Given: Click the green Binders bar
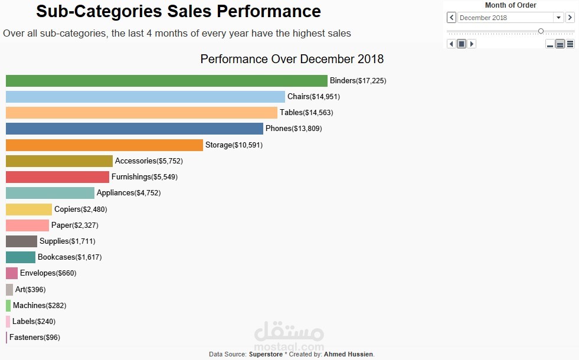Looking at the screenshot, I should pyautogui.click(x=166, y=81).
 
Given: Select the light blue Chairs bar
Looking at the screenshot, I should pyautogui.click(x=145, y=97).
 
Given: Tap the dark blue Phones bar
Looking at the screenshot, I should pyautogui.click(x=135, y=129).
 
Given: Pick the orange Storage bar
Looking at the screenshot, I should pyautogui.click(x=104, y=145).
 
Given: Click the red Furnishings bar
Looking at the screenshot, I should pyautogui.click(x=57, y=177).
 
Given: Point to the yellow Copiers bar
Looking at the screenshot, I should pyautogui.click(x=29, y=210).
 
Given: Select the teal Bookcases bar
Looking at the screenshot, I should pyautogui.click(x=21, y=257).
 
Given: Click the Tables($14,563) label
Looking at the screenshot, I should pyautogui.click(x=310, y=113).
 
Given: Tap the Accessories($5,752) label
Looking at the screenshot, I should pyautogui.click(x=146, y=161).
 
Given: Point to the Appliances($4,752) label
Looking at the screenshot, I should pyautogui.click(x=129, y=193).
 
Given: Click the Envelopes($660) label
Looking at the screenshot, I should pyautogui.click(x=48, y=273).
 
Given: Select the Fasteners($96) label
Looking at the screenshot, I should pyautogui.click(x=35, y=338).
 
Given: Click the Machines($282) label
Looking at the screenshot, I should pyautogui.click(x=40, y=306).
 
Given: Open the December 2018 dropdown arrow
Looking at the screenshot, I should pyautogui.click(x=558, y=18).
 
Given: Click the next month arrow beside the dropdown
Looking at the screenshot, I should pyautogui.click(x=570, y=18).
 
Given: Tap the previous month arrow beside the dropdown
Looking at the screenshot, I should pyautogui.click(x=452, y=18).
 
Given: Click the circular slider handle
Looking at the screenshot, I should pyautogui.click(x=541, y=31).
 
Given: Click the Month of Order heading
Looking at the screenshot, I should pyautogui.click(x=511, y=5).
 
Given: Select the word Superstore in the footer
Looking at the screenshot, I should pyautogui.click(x=266, y=354).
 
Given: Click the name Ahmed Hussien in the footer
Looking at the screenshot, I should pyautogui.click(x=348, y=354).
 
